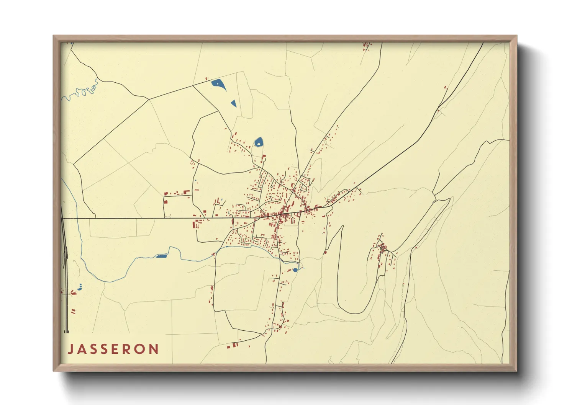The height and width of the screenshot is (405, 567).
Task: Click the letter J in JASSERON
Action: [x=70, y=349]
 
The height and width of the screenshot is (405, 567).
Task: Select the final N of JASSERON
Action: [x=154, y=349]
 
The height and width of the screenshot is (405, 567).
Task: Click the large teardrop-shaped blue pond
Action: [x=218, y=83]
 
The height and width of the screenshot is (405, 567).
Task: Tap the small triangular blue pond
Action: [x=233, y=103]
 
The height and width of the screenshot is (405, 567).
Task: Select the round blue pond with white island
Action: [x=259, y=142]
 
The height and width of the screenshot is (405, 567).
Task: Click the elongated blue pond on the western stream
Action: [x=161, y=256]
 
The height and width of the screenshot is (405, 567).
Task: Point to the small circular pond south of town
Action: [x=295, y=270]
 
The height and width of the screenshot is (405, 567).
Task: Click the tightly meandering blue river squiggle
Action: [x=82, y=91]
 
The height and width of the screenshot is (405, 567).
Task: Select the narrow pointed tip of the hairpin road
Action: [x=341, y=228]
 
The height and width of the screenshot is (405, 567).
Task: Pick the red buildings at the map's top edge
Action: [x=366, y=46]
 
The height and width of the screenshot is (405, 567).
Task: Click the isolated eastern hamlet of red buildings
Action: [x=382, y=249]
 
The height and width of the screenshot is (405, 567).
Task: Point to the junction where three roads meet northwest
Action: [x=148, y=100]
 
